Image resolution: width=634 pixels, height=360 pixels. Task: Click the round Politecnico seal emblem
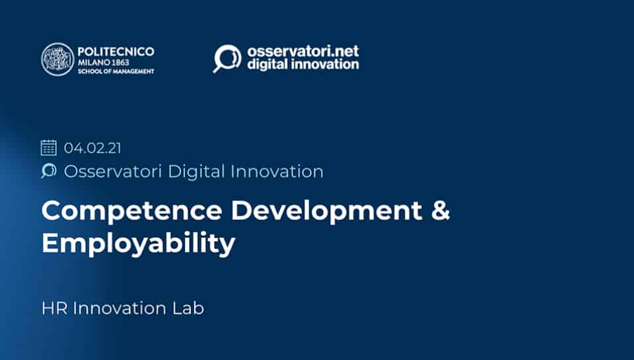pos(58,59)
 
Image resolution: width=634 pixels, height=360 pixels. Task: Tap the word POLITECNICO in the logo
pos(116,52)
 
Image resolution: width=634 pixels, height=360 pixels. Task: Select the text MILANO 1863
pos(104,63)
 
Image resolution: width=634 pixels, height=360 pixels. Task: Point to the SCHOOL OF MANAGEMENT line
pos(116,71)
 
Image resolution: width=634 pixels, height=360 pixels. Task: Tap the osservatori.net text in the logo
pos(303,52)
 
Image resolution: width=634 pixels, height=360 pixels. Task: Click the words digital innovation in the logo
pos(303,64)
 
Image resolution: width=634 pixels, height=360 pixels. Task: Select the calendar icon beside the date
pos(49,148)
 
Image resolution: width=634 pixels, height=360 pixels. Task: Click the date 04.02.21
pos(92,148)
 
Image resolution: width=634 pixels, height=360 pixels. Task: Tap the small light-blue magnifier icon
pos(49,170)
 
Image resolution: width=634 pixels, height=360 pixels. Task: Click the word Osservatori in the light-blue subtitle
pos(113,172)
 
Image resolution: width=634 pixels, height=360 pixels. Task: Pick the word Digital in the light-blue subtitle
pos(196,172)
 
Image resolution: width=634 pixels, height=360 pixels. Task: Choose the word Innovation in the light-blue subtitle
pos(277,172)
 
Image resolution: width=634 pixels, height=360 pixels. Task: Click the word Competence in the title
pos(132,211)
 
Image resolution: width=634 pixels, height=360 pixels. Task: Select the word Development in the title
pos(327,211)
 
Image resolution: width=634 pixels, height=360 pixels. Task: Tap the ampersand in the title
pos(440,210)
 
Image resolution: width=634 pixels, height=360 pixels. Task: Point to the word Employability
pos(138,244)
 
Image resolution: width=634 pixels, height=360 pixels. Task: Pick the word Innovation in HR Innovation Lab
pos(120,308)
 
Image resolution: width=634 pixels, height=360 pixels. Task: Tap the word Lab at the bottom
pos(188,308)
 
